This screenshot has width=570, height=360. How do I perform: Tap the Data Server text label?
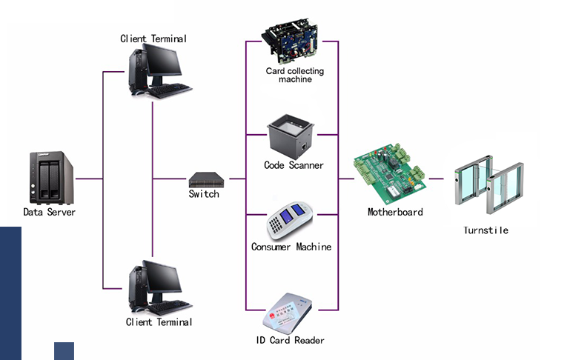pyautogui.click(x=50, y=213)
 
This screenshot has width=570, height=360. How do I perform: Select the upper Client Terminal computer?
pyautogui.click(x=157, y=70)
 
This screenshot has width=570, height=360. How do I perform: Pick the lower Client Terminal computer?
pyautogui.click(x=157, y=287)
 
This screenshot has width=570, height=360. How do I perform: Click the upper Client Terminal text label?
pyautogui.click(x=153, y=38)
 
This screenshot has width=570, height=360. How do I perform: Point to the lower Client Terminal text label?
pyautogui.click(x=159, y=322)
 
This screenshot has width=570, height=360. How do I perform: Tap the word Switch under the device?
pyautogui.click(x=204, y=194)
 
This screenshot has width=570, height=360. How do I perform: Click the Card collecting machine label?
pyautogui.click(x=295, y=76)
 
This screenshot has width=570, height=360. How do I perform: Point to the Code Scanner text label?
pyautogui.click(x=294, y=165)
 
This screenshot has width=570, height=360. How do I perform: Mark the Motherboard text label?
pyautogui.click(x=395, y=212)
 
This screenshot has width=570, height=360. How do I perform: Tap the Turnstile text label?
pyautogui.click(x=486, y=230)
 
